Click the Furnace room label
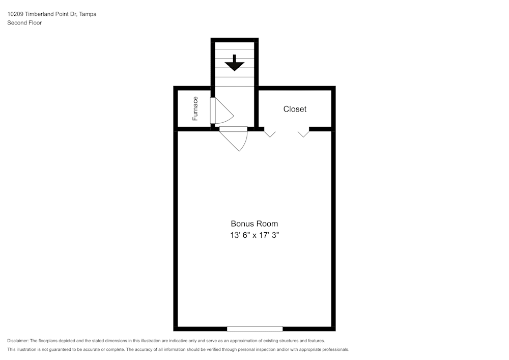[195, 108]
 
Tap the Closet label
[295, 109]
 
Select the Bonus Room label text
[254, 224]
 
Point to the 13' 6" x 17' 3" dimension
[254, 235]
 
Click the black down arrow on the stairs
[235, 63]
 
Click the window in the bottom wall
[254, 328]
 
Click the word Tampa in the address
[88, 14]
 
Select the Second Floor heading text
[24, 23]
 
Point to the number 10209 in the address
[15, 14]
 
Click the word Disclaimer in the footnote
[18, 341]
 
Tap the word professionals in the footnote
[334, 350]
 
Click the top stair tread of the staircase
[235, 45]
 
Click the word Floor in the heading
[34, 23]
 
